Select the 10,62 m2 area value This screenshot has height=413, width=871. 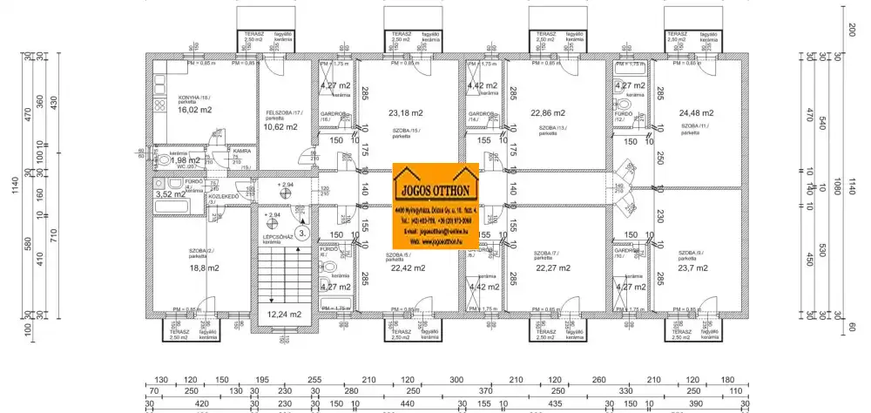[x=281, y=126]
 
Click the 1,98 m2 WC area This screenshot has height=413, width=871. [x=185, y=160]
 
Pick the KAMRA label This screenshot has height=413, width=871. [x=242, y=151]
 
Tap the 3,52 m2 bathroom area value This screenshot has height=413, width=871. [x=170, y=194]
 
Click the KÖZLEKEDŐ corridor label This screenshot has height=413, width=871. [x=224, y=197]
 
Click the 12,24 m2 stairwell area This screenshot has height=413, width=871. [x=284, y=315]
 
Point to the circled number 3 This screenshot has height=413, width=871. [x=300, y=234]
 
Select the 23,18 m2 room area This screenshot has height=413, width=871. [x=406, y=112]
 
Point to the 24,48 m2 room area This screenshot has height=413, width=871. [x=696, y=112]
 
